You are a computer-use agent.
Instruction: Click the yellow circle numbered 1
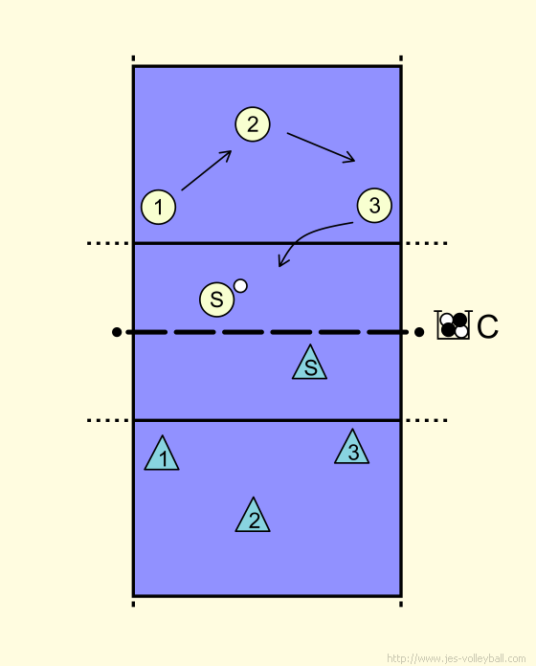click(x=159, y=207)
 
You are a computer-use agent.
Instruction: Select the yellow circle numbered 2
click(x=253, y=124)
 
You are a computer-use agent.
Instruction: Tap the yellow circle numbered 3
click(x=374, y=206)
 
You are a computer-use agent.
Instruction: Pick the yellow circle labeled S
click(x=216, y=300)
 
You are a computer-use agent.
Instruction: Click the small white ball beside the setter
click(x=240, y=286)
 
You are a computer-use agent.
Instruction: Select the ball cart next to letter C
click(x=454, y=325)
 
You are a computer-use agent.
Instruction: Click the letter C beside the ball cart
click(x=487, y=326)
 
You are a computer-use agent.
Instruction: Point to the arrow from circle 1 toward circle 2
click(x=207, y=170)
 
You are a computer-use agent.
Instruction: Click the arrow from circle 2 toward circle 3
click(x=321, y=147)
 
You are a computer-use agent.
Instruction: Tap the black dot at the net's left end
click(x=117, y=332)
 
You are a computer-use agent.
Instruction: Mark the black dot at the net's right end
click(x=419, y=332)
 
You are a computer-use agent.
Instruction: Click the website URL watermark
click(x=457, y=658)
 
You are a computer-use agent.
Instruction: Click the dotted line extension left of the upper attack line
click(x=108, y=243)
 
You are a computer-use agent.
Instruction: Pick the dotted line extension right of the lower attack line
click(x=426, y=420)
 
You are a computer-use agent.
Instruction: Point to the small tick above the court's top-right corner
click(x=401, y=58)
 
